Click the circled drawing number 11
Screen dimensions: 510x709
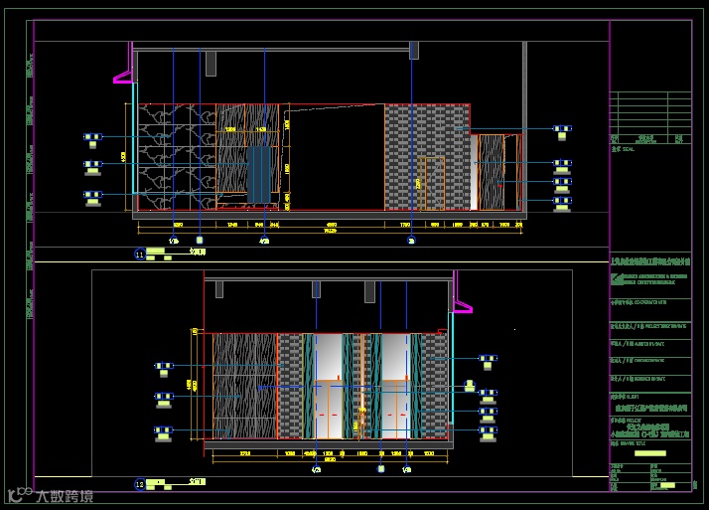click(x=140, y=255)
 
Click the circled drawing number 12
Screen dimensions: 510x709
click(x=140, y=484)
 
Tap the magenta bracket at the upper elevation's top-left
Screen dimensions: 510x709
click(x=124, y=75)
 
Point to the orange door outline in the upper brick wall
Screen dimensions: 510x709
click(x=433, y=183)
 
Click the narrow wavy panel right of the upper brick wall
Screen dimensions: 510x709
click(x=491, y=172)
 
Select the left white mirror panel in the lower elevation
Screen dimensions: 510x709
click(x=328, y=358)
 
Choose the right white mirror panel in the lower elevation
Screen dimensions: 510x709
click(x=394, y=358)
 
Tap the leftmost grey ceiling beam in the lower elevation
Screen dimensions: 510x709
click(x=219, y=288)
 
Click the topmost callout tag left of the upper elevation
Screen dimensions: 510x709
click(x=92, y=137)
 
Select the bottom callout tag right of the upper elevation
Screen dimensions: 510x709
click(x=562, y=203)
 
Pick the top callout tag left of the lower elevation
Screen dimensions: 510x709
click(x=163, y=369)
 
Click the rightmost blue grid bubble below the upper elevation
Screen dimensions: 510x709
click(x=411, y=240)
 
